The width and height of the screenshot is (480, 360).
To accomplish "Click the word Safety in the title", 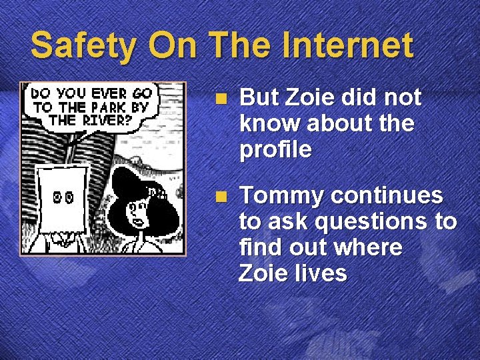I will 84,47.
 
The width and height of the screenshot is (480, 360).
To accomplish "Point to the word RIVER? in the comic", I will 106,121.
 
